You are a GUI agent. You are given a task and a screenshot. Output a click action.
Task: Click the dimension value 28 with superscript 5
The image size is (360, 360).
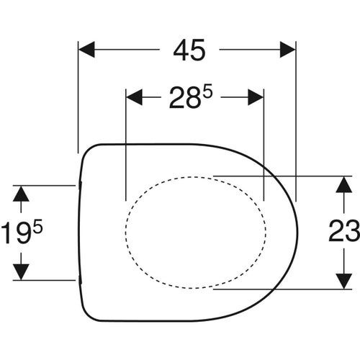pos(193,97)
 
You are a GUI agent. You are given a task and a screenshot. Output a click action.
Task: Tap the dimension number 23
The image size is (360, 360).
pos(344,232)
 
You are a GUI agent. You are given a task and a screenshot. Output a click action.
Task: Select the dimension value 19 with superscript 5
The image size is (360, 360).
pos(24,233)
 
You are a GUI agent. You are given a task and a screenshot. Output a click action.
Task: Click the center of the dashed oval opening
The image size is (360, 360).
pos(196,232)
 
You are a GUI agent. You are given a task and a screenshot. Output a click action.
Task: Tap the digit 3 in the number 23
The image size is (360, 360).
pos(352,232)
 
